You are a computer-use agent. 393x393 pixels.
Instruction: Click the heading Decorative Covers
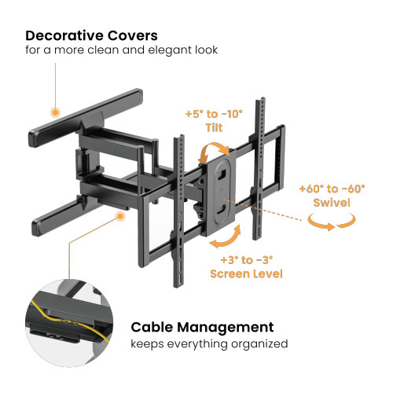[x=91, y=35]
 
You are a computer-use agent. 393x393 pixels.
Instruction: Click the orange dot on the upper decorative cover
[x=55, y=112]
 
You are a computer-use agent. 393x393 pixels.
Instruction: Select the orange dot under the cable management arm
[x=120, y=216]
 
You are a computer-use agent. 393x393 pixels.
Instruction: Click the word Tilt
[x=214, y=128]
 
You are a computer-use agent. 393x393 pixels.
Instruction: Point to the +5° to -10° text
[x=214, y=114]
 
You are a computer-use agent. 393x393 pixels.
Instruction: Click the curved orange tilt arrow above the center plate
[x=214, y=152]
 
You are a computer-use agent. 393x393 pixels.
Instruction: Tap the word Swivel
[x=332, y=203]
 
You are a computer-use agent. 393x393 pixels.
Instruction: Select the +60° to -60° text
[x=332, y=189]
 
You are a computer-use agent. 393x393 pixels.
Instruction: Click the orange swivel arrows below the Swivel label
[x=332, y=222]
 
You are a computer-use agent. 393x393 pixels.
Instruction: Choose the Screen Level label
[x=246, y=274]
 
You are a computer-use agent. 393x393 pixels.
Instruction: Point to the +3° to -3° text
[x=247, y=260]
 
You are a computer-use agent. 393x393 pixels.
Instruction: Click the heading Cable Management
[x=202, y=327]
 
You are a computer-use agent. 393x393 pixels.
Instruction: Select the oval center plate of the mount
[x=222, y=194]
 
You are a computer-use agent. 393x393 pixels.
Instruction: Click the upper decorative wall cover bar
[x=86, y=117]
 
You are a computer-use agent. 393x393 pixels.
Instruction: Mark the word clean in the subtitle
[x=103, y=50]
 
